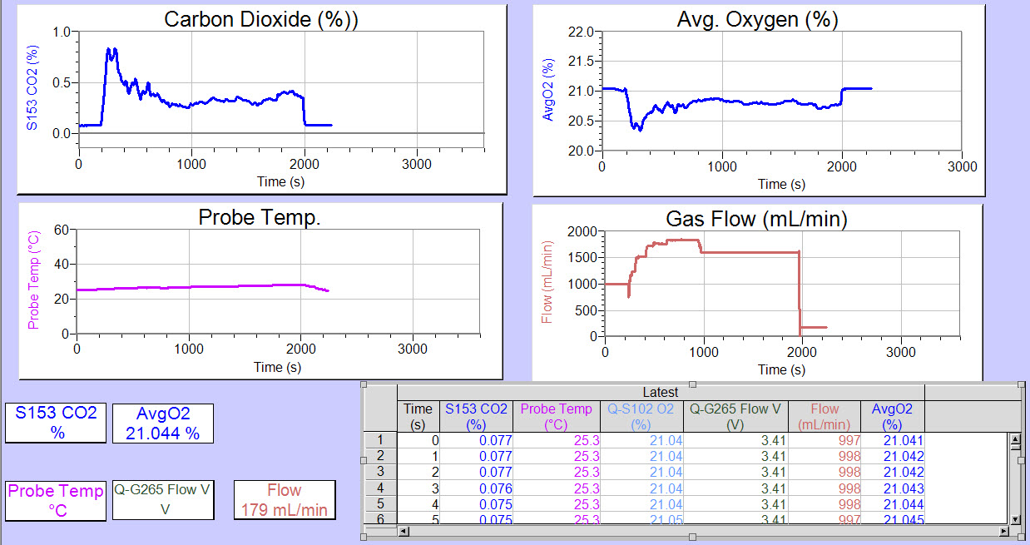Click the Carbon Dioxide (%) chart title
261,20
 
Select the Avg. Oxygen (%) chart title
757,20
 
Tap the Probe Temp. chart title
260,217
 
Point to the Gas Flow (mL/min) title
756,220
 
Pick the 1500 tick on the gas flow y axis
582,258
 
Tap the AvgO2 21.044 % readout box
163,423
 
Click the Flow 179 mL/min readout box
285,499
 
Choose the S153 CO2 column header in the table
476,416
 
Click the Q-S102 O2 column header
639,416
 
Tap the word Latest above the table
660,392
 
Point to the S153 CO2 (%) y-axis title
32,88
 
